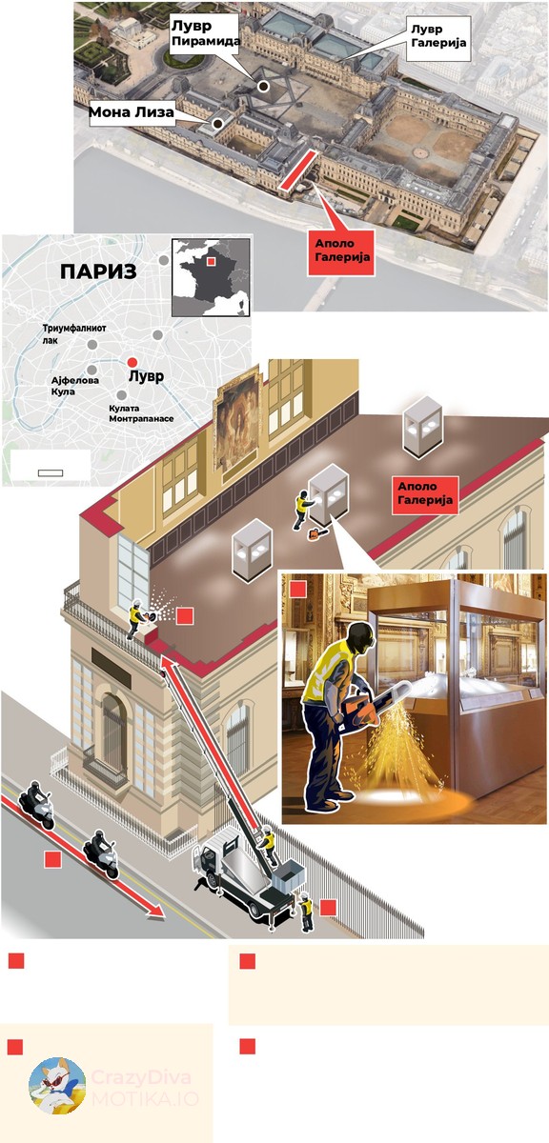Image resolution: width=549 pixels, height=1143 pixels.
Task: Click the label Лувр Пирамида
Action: [205, 33]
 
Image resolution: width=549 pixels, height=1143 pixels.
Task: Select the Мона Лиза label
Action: [132, 111]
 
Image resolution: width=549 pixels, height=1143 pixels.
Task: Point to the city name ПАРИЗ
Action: [98, 272]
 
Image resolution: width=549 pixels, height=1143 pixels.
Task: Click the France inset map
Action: [211, 277]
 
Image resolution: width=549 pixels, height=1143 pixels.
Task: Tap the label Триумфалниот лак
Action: [74, 333]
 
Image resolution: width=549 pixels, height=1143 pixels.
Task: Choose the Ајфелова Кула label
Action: [75, 386]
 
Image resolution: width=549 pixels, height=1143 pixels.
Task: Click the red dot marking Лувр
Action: [132, 362]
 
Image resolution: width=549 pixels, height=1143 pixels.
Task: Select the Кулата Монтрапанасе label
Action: [141, 413]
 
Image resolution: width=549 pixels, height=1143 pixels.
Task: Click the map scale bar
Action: [51, 473]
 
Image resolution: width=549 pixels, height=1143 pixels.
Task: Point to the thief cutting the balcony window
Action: [136, 619]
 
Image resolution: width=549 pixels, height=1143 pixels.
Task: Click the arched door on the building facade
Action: [113, 731]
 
